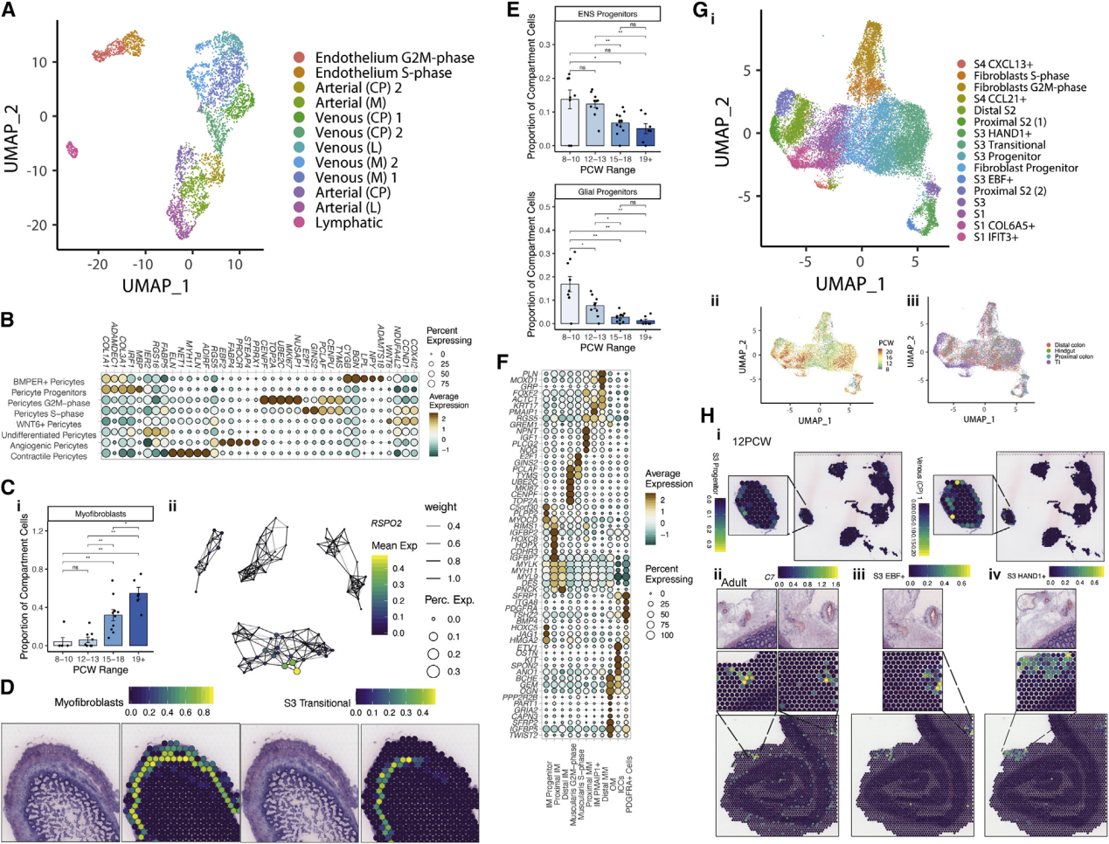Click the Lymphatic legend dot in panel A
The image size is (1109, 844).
(300, 223)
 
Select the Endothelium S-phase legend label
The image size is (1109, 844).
(383, 73)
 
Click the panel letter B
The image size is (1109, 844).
(7, 319)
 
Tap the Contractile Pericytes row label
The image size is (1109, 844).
(50, 456)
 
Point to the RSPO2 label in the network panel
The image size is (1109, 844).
(386, 524)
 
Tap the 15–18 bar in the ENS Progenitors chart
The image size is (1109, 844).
(620, 134)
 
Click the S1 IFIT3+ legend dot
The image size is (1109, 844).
(961, 237)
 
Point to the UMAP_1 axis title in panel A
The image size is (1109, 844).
(156, 286)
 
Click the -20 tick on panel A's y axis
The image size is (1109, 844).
(37, 225)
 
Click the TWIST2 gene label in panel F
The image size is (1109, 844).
(523, 735)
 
